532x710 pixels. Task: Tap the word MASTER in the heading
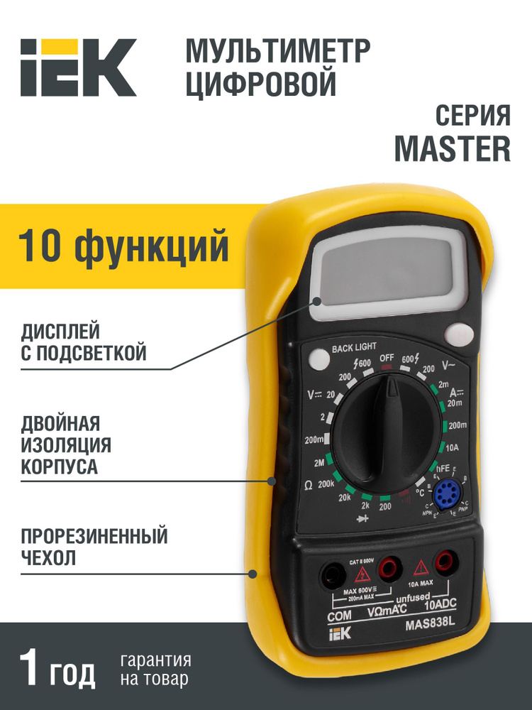coord(452,148)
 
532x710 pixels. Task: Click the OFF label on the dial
coord(387,356)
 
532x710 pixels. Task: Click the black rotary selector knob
coord(388,439)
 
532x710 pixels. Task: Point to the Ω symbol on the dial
coord(309,486)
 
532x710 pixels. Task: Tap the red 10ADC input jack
coord(445,563)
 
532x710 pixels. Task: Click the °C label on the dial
coord(421,492)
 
